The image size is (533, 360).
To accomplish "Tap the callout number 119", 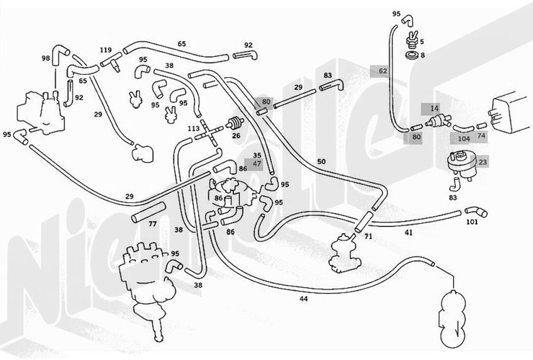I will click(x=106, y=51).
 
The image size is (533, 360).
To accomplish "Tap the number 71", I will click(x=368, y=236).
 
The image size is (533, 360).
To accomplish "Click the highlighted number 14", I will click(x=433, y=108).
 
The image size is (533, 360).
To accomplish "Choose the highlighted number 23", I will click(x=482, y=163).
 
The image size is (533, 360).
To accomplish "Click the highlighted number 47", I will click(x=258, y=165).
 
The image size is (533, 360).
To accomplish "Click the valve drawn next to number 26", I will click(x=233, y=122).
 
